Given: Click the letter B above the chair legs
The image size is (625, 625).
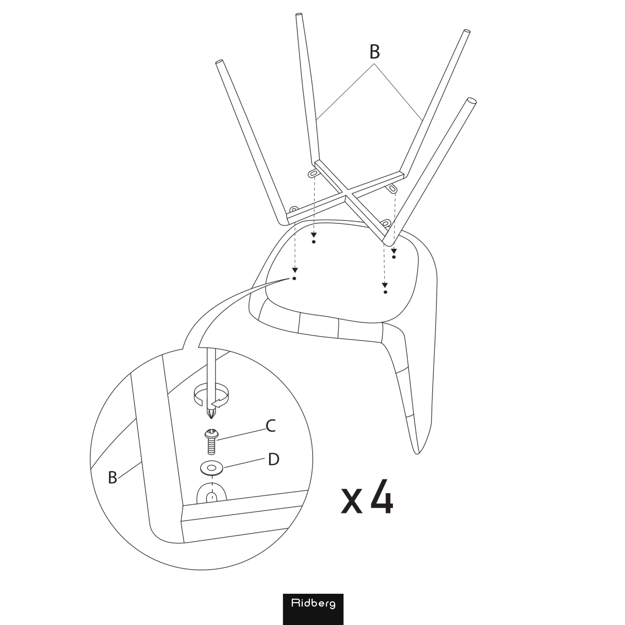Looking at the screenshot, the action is pos(374,52).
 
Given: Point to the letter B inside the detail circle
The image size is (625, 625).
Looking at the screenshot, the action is pos(112,477).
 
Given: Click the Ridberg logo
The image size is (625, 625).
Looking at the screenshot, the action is pos(313,609).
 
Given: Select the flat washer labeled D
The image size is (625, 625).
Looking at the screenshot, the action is pos(212,468).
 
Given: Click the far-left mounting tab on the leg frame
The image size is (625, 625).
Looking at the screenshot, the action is pos(294,209).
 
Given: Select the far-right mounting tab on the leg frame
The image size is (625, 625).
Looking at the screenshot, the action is pos(392,188).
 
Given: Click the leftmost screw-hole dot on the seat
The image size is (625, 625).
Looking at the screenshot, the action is pos(294,278).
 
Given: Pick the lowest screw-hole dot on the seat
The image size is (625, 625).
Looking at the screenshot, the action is pos(385,292).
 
